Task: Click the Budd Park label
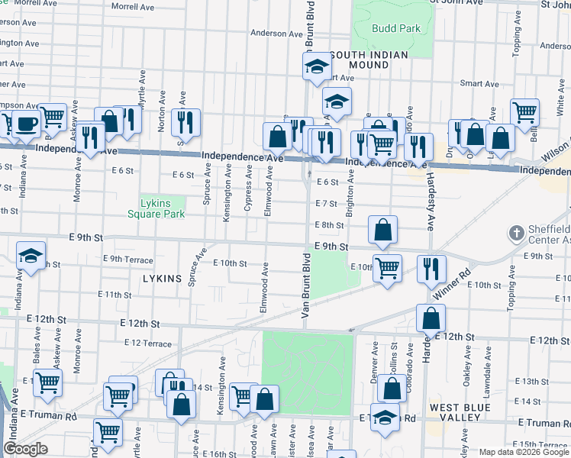396,28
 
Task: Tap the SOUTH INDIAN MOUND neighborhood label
369,60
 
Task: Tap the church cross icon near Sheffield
517,232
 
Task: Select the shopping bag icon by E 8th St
383,229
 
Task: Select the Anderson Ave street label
277,34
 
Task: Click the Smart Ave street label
479,83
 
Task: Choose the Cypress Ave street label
248,192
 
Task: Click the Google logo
26,449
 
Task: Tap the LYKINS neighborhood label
162,279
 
